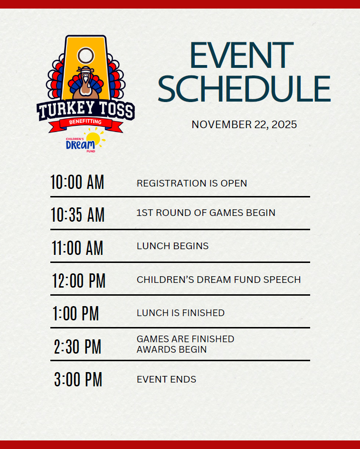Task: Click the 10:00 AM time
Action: click(x=77, y=182)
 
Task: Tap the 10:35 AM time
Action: click(x=77, y=215)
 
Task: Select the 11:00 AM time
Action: click(x=77, y=248)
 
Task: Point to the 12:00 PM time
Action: click(x=79, y=281)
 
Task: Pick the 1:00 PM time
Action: click(x=76, y=314)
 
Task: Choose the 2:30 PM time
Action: click(x=77, y=347)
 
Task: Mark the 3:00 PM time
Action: click(x=78, y=380)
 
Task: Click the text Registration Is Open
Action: click(x=192, y=183)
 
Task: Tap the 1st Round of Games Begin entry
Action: click(x=206, y=213)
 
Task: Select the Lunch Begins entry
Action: click(x=172, y=246)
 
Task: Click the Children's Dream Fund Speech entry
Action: click(x=218, y=280)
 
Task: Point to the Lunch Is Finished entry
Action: click(x=180, y=313)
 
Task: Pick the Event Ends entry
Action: click(x=166, y=379)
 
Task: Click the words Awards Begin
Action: click(x=171, y=350)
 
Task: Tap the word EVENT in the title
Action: click(x=242, y=56)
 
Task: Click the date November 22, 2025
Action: click(x=244, y=124)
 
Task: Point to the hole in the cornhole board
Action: click(x=85, y=56)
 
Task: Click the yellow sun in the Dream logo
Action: click(x=94, y=140)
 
